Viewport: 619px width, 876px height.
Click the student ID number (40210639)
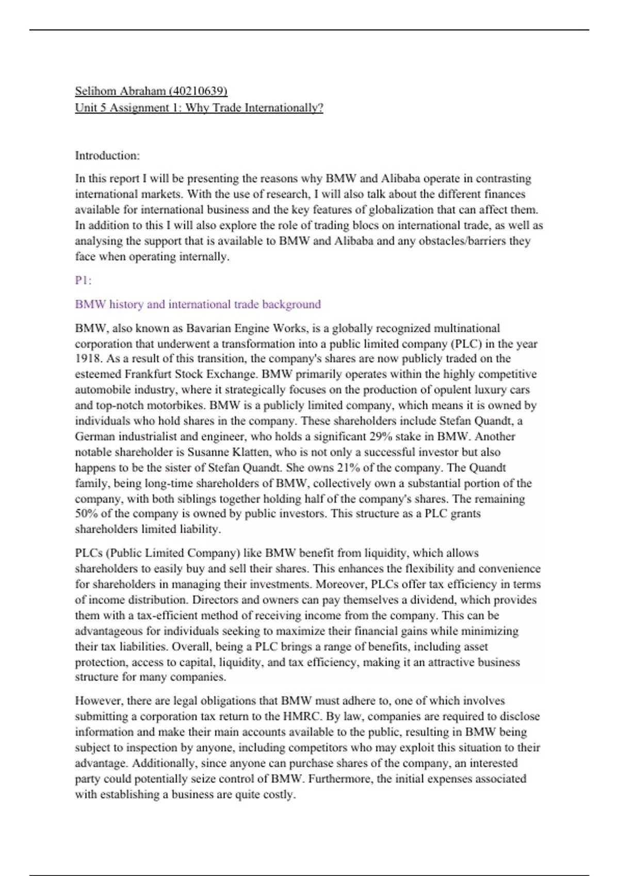click(x=198, y=91)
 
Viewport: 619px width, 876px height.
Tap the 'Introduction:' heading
click(x=107, y=156)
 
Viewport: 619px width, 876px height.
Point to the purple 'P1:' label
click(x=83, y=280)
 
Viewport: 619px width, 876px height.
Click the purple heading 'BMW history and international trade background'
click(x=198, y=305)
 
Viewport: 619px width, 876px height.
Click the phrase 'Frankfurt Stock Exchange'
click(x=189, y=375)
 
